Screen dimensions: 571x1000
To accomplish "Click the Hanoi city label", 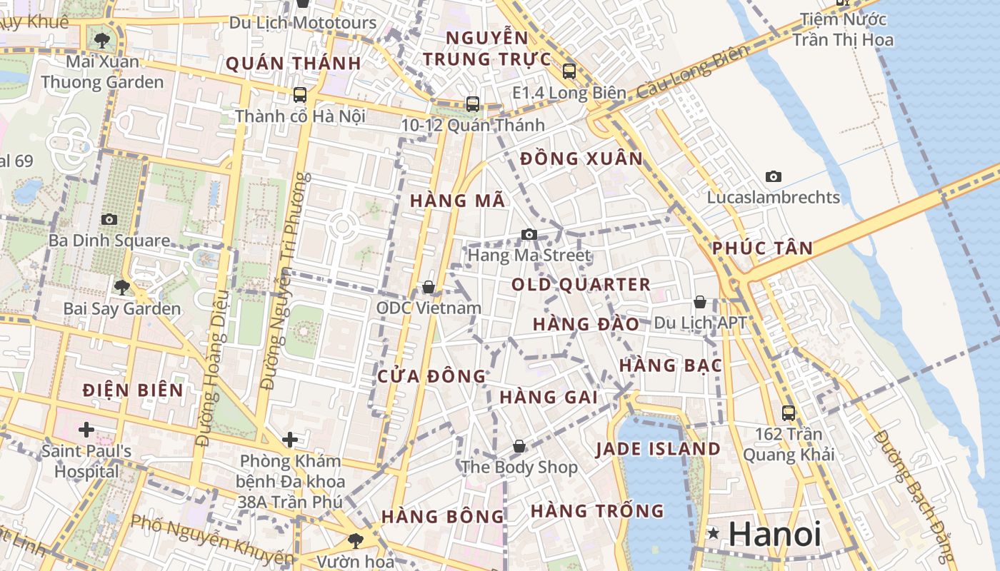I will click(775, 534).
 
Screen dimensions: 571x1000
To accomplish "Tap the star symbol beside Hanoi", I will click(713, 533).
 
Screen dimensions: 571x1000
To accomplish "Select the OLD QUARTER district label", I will click(581, 285).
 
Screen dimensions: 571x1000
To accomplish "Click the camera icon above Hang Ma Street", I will click(529, 234).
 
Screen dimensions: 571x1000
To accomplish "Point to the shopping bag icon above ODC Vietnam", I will click(429, 286).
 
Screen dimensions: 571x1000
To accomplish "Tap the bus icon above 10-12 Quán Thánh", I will click(472, 104).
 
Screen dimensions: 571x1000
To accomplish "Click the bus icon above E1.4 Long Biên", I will click(569, 71).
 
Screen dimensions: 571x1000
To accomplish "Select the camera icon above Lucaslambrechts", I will click(773, 176).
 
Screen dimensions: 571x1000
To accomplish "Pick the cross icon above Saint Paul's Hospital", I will click(86, 429).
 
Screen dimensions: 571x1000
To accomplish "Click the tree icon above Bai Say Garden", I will click(122, 287).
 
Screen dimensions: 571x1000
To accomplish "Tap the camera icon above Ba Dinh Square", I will click(109, 219).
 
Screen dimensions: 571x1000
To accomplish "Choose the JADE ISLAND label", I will click(658, 449).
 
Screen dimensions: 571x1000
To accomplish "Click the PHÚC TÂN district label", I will click(762, 248).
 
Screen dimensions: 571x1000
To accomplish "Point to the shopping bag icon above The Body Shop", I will click(519, 446).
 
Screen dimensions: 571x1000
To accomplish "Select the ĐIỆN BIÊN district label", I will click(133, 390).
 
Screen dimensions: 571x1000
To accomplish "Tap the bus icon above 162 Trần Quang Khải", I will click(789, 413).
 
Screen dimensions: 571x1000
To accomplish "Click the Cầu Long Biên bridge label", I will click(692, 72).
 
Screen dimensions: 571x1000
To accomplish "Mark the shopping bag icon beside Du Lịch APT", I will click(700, 302).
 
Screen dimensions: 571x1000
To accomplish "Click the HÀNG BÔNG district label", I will click(442, 516).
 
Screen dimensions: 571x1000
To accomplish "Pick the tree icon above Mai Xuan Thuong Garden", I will click(101, 39).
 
